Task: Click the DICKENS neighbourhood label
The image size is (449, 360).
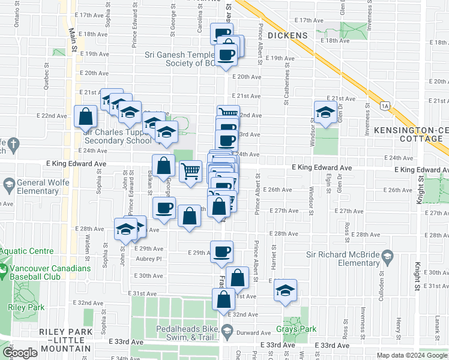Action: click(x=288, y=35)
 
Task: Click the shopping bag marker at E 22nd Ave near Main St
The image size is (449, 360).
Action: click(x=86, y=115)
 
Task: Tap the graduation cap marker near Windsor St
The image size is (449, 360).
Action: click(x=325, y=112)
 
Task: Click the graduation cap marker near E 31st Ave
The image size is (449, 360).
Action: click(x=286, y=291)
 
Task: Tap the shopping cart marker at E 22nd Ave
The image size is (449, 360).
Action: click(x=228, y=112)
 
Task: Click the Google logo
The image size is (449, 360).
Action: click(x=20, y=353)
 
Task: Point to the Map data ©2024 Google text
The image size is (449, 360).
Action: click(x=412, y=355)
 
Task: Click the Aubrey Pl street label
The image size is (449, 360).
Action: click(x=150, y=259)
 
